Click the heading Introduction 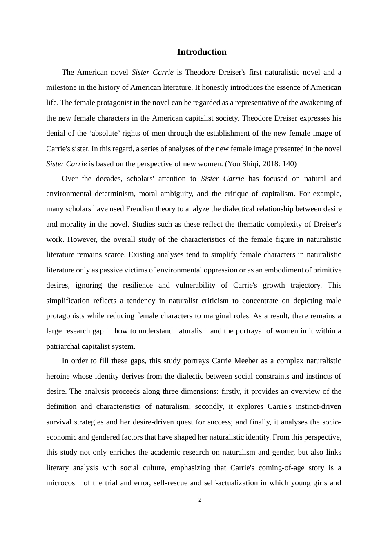coord(202,52)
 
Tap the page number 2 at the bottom coord(200,500)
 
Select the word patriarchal coord(63,346)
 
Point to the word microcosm coord(63,483)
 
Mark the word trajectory coord(303,285)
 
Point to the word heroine coord(58,376)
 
